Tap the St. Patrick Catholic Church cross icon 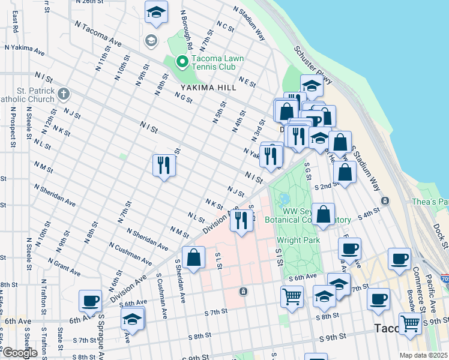coord(63,94)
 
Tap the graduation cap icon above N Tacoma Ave coord(156,12)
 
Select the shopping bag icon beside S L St coord(194,258)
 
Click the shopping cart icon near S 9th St coord(410,324)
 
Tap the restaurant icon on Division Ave coord(242,220)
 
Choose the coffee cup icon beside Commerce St coord(399,259)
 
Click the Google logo coord(20,353)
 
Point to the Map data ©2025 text coord(424,355)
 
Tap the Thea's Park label coord(430,202)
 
